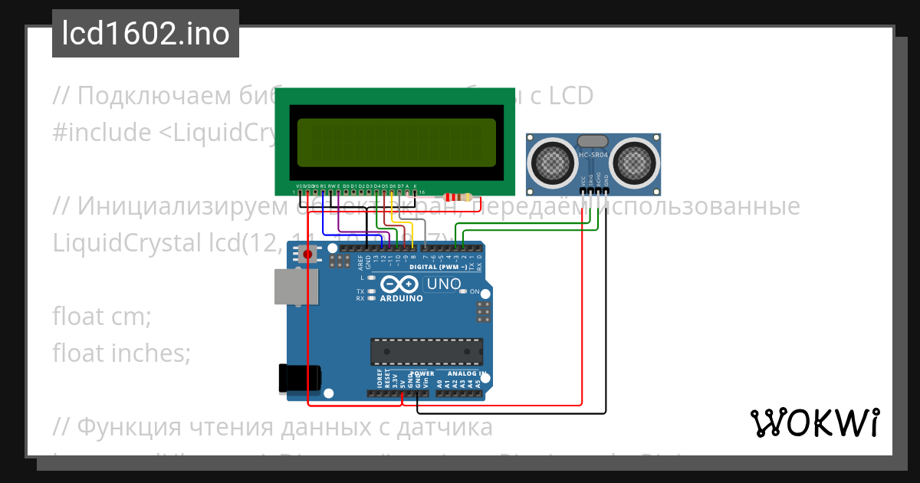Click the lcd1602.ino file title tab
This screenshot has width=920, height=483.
146,34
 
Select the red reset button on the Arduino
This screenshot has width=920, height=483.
308,254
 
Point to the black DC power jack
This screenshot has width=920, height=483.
300,378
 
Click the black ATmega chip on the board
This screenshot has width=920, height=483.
427,351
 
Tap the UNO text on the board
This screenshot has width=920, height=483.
444,285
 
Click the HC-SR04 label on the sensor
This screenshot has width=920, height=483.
593,156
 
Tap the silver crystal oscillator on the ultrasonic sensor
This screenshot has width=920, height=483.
593,141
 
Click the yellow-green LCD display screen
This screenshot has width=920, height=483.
396,143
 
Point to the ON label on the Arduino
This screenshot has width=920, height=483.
475,292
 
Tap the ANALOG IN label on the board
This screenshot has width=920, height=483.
462,373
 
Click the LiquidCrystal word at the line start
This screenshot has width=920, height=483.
123,242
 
